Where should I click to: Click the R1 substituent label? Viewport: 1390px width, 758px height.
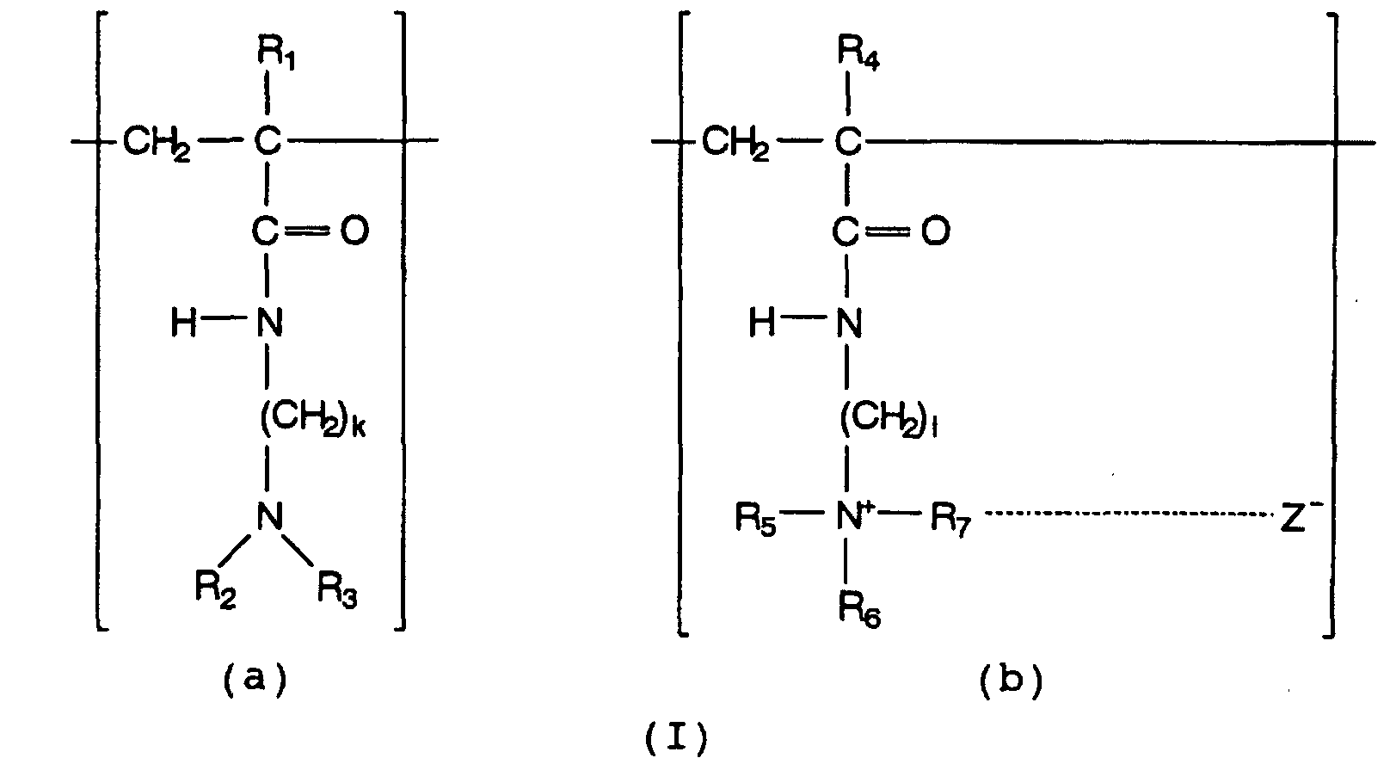click(x=276, y=53)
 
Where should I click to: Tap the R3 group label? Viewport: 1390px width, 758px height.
click(x=337, y=589)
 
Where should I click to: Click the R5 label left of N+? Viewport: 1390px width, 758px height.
click(x=755, y=518)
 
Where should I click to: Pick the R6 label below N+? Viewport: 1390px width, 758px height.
click(x=859, y=610)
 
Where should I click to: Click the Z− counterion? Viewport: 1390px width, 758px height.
click(x=1301, y=516)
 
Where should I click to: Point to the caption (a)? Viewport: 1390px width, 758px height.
click(x=255, y=680)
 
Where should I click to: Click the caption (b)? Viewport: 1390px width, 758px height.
click(x=1011, y=681)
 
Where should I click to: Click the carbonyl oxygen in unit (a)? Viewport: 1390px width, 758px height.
click(x=354, y=231)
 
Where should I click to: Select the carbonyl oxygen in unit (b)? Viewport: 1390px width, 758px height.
click(x=935, y=231)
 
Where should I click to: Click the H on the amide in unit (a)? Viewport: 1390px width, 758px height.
click(x=184, y=324)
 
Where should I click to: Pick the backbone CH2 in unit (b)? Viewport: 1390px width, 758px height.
click(x=735, y=143)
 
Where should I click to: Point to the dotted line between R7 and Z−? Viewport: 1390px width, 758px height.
click(x=1128, y=514)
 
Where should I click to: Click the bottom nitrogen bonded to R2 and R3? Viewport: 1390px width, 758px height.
click(x=270, y=516)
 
